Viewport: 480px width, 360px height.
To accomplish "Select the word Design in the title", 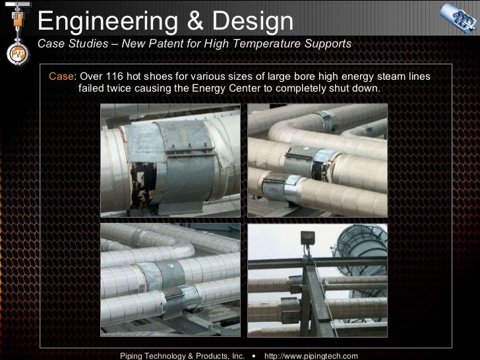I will click(x=253, y=21).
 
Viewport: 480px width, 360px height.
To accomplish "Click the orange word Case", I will click(x=61, y=76).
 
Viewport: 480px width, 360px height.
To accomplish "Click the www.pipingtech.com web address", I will click(x=311, y=355).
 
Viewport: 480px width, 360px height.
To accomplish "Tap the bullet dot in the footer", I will click(x=253, y=355).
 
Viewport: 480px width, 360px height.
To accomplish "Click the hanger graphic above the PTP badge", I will click(x=17, y=20).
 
